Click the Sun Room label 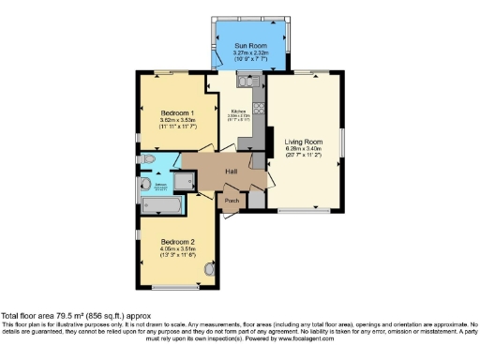coord(250,44)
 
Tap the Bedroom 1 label coord(171,113)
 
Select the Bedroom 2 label coord(171,241)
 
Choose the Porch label coord(230,200)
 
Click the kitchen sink coord(246,82)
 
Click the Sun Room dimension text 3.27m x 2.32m coord(250,53)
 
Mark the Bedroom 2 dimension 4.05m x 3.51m coord(171,248)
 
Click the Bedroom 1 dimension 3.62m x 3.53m coord(171,121)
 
